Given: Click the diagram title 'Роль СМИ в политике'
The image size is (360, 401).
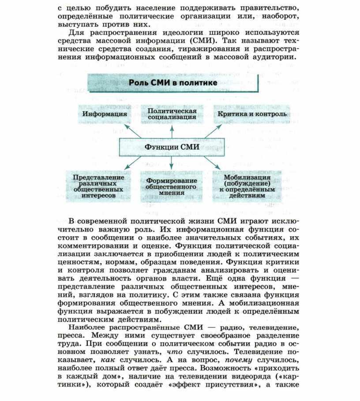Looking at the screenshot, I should coord(172,83).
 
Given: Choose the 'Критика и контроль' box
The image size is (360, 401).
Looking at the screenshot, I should coord(251,114).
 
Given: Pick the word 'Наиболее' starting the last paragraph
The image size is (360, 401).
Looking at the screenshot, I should coord(88,327).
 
